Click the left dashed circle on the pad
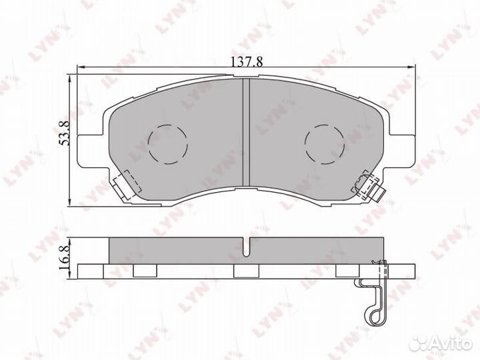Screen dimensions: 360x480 pos(167,144)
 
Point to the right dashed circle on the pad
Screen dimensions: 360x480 pos(325,143)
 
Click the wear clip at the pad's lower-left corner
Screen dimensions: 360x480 pos(123,184)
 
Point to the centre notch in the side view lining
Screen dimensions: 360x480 pos(245,249)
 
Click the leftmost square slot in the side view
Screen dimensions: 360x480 pos(143,271)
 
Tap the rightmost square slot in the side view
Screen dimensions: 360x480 pos(346,271)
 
